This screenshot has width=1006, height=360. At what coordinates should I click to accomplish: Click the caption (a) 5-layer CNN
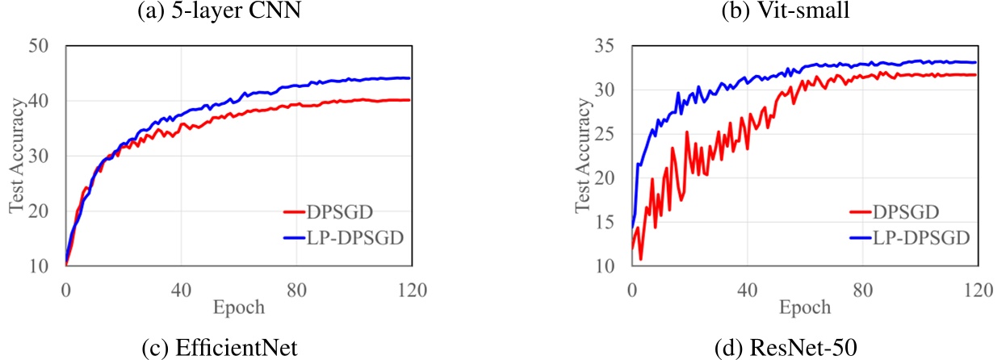point(219,10)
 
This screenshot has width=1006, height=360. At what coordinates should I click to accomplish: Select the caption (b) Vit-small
point(786,10)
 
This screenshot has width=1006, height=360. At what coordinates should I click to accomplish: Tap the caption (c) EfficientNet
point(220,348)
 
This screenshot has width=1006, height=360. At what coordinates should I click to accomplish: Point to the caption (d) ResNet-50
point(786,348)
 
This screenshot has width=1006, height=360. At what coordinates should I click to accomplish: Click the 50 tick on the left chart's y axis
point(38,46)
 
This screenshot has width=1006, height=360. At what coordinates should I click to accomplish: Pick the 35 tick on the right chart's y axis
point(605,46)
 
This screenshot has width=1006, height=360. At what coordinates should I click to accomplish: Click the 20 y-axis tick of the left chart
point(38,211)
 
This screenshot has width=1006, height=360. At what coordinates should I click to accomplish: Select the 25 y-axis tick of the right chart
point(605,134)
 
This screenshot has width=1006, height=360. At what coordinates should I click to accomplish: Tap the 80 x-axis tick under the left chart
point(296,291)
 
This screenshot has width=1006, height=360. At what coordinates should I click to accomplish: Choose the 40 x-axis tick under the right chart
point(748,291)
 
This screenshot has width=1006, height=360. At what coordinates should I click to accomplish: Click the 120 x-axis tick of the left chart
point(412,291)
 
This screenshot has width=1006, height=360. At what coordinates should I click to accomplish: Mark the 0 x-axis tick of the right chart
point(632,291)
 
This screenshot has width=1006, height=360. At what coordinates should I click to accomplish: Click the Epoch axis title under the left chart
point(238,308)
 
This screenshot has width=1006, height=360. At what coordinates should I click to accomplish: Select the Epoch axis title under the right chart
point(805,308)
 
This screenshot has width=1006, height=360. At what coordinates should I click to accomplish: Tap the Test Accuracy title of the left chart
point(16,155)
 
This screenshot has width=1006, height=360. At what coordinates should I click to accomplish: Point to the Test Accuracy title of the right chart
point(582,155)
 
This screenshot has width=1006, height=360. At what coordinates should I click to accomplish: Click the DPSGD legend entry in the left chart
point(329,211)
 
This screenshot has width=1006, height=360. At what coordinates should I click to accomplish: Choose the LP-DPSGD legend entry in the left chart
point(344,237)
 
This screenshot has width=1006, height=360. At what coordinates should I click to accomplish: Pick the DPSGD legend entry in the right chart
point(895,211)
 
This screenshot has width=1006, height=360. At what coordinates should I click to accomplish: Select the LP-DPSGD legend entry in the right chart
point(910,237)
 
